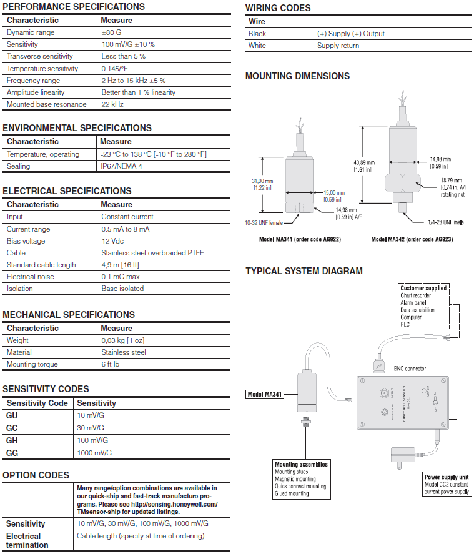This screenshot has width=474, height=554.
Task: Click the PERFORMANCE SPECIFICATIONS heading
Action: pos(74,7)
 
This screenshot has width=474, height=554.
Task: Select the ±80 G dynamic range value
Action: pos(111,32)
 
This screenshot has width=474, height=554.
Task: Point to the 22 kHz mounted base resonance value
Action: pos(112,104)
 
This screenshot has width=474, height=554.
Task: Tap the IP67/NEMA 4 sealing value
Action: pos(121,166)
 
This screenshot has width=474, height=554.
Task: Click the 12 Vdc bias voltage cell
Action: pos(113,241)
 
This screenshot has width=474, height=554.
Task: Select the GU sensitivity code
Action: pos(12,415)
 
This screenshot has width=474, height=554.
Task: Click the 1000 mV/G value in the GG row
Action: pos(94,453)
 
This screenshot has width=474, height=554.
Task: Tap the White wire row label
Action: pos(257,46)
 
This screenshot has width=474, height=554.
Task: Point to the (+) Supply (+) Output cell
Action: pos(351,34)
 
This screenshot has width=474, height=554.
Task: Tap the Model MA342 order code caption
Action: pos(412,239)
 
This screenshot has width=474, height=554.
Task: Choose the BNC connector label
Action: pos(410,369)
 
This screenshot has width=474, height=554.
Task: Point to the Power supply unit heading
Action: pos(447,477)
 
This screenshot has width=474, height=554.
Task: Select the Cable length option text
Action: pos(141,536)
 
